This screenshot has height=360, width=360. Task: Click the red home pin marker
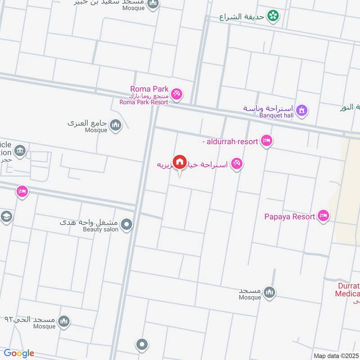pyautogui.click(x=180, y=162)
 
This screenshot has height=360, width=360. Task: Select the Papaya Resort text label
pyautogui.click(x=289, y=216)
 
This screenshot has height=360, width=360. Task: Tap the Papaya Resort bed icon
pyautogui.click(x=323, y=216)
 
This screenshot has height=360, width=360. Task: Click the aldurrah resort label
pyautogui.click(x=230, y=142)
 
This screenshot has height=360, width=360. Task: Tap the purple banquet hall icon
pyautogui.click(x=301, y=109)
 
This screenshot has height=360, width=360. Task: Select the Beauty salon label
pyautogui.click(x=100, y=229)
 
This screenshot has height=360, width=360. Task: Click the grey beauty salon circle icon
pyautogui.click(x=127, y=224)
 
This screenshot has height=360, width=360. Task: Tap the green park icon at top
pyautogui.click(x=272, y=17)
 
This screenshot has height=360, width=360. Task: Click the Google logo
pyautogui.click(x=19, y=353)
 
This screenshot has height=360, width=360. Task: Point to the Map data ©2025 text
pyautogui.click(x=335, y=355)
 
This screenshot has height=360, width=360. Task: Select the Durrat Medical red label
pyautogui.click(x=347, y=290)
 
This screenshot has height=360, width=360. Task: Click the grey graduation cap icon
pyautogui.click(x=6, y=217)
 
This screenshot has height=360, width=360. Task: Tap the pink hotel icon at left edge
pyautogui.click(x=22, y=192)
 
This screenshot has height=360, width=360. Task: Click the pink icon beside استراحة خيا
pyautogui.click(x=237, y=164)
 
